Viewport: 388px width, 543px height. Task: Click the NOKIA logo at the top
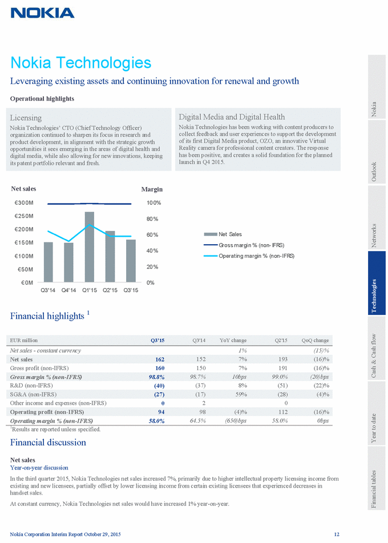42,13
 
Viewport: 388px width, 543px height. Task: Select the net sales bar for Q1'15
89,247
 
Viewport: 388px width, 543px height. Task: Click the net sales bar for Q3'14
48,262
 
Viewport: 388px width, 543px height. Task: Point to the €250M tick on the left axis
23,216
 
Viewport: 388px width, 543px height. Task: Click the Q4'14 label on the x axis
70,290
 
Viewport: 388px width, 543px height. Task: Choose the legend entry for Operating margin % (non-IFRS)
256,256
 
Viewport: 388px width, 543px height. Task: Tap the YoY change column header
233,341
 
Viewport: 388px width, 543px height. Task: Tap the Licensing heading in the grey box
26,117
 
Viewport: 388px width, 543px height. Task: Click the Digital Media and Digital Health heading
232,117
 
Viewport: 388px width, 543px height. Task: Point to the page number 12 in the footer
337,533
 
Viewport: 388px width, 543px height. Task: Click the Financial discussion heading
48,442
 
